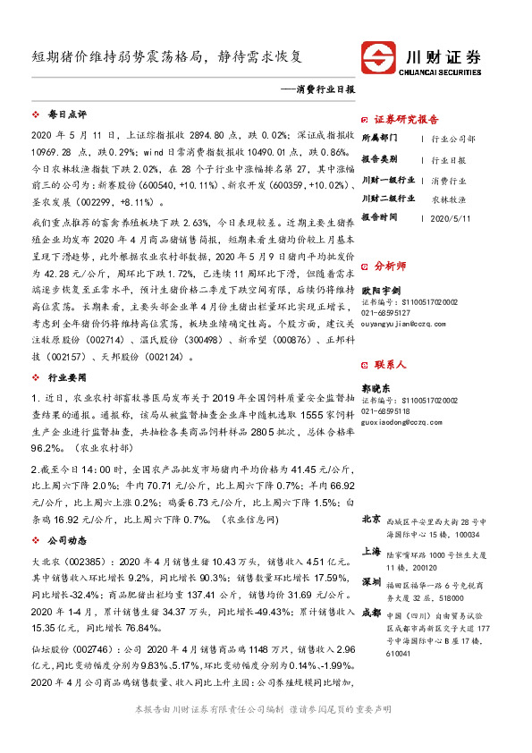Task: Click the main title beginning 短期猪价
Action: (166, 56)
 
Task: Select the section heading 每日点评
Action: (66, 115)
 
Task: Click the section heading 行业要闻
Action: (66, 379)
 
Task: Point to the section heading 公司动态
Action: (66, 540)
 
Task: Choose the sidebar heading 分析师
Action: (390, 266)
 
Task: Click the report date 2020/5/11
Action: (449, 217)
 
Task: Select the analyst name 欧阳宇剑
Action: (380, 290)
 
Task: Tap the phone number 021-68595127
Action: (387, 311)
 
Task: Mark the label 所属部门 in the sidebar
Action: (380, 139)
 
